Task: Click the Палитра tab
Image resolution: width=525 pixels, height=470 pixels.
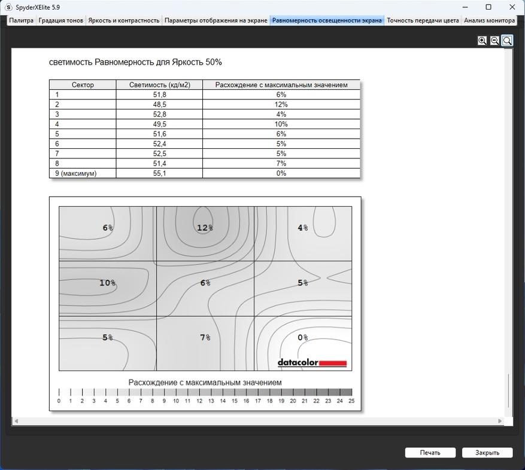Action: [21, 20]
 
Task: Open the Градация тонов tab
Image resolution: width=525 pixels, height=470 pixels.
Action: [60, 20]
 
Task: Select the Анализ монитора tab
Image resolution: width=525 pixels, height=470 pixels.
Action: [489, 20]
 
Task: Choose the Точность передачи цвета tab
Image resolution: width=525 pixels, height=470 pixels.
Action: [423, 20]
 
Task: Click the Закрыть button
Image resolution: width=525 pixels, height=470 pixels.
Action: [487, 453]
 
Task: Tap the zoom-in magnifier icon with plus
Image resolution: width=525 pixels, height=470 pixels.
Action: [482, 41]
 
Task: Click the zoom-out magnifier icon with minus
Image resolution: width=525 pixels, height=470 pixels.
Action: [494, 41]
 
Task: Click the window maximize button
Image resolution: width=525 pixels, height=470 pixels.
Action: [488, 7]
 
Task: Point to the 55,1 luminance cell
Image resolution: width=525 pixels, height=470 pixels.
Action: [159, 173]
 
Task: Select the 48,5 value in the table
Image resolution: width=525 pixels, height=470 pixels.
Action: [159, 105]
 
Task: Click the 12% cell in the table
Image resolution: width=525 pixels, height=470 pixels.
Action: [281, 105]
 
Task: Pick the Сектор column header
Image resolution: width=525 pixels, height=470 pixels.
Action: [83, 85]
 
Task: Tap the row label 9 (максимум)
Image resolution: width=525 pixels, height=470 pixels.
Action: [75, 173]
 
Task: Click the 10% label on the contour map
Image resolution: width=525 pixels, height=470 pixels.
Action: [108, 283]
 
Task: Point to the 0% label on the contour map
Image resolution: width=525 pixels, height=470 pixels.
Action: [303, 338]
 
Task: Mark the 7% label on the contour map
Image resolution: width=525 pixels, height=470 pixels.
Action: [205, 338]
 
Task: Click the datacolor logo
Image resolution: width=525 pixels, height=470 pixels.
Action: [312, 362]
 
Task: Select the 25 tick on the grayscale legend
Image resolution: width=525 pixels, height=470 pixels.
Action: [351, 401]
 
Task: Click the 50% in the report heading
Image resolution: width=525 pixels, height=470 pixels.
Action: [214, 62]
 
